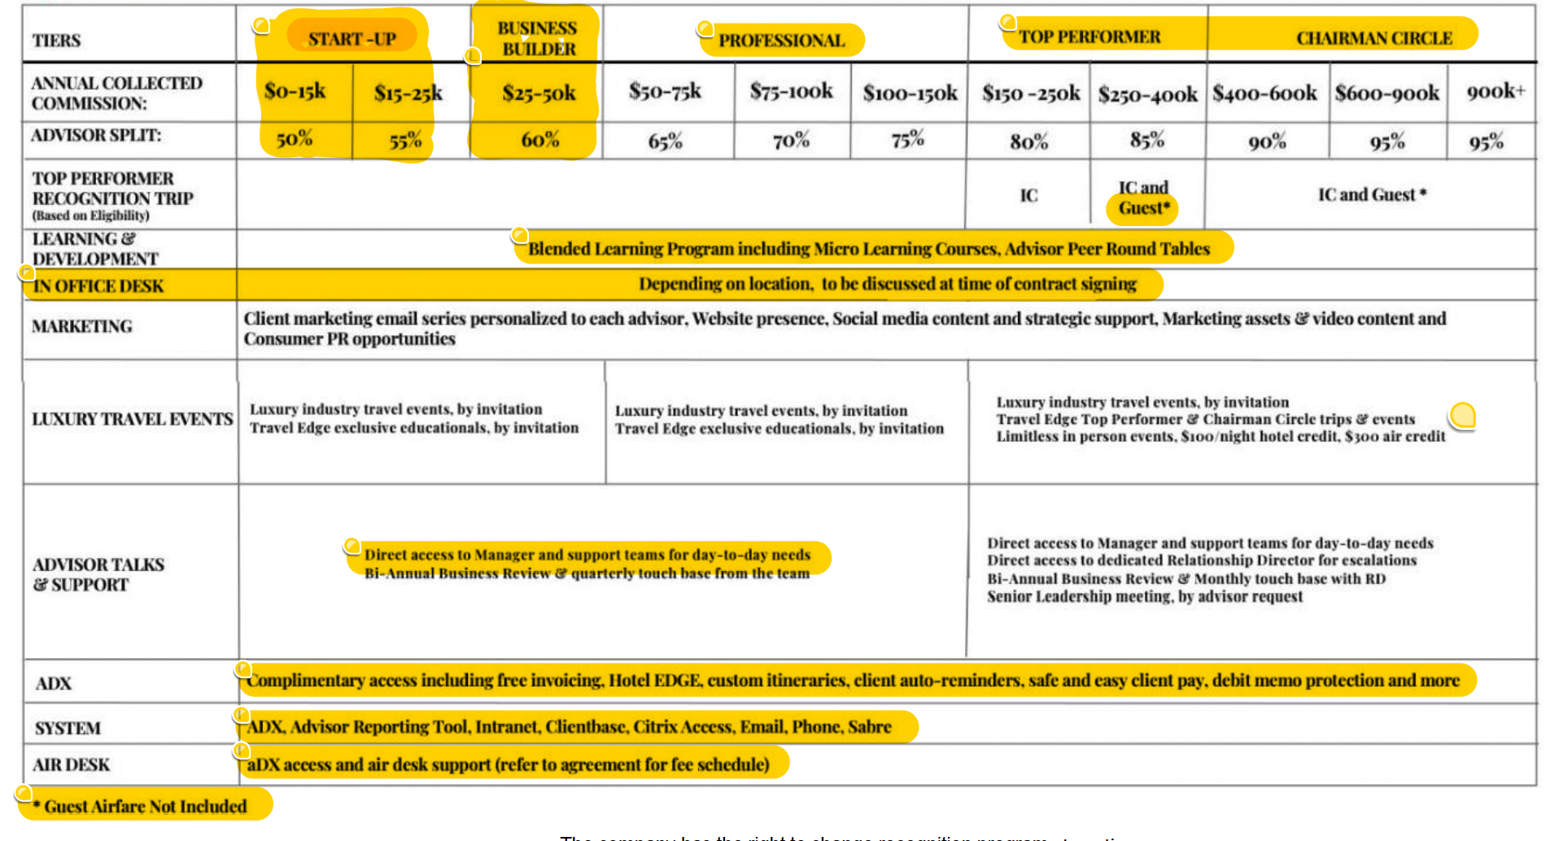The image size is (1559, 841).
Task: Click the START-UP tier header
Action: click(x=352, y=38)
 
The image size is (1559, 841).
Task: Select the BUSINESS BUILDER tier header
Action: click(x=538, y=38)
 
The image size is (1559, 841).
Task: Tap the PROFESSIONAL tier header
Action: click(x=781, y=41)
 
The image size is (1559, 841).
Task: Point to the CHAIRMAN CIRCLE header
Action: click(x=1373, y=38)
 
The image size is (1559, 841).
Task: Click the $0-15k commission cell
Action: click(x=295, y=91)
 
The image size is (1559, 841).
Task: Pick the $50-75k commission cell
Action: click(x=665, y=91)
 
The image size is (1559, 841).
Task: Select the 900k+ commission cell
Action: click(x=1495, y=91)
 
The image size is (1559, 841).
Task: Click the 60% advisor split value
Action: click(x=540, y=140)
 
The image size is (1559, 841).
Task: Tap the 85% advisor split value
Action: click(x=1146, y=140)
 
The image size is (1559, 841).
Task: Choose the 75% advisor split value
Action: click(x=907, y=140)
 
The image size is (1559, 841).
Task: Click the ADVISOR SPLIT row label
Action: click(x=96, y=135)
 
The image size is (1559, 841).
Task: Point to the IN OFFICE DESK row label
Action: click(x=98, y=286)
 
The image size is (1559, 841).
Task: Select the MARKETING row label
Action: click(x=81, y=326)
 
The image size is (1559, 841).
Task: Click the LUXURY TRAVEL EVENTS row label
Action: click(x=132, y=419)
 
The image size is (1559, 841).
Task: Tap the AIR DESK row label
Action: click(x=71, y=765)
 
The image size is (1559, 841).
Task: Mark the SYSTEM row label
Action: click(x=68, y=728)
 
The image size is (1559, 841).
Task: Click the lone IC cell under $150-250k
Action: click(x=1028, y=195)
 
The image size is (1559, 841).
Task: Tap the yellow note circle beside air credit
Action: click(x=1462, y=416)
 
